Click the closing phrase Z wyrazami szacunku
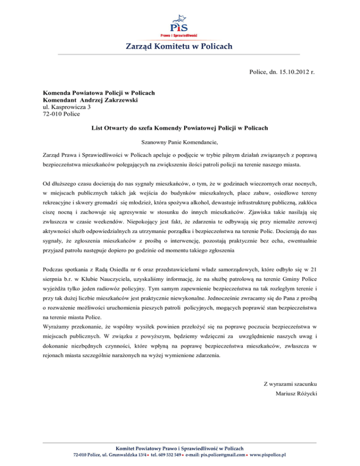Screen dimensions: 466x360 tap(292, 368)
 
